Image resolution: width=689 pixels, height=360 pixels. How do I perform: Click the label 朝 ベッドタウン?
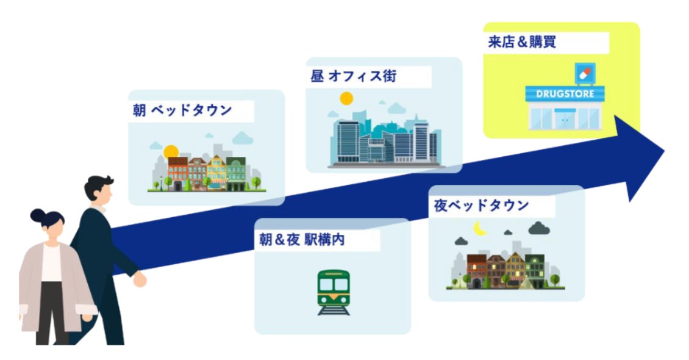pos(183,110)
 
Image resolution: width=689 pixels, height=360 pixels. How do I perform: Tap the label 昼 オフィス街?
pos(354,76)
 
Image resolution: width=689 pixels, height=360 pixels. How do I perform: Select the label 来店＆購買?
pos(523,43)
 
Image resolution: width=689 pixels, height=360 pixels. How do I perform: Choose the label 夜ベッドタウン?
pos(481,206)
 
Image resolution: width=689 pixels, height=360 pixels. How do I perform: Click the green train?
pos(334,289)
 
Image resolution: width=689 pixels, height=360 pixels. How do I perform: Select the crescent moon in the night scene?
pos(480,229)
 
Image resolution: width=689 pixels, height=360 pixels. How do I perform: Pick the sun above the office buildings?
pos(346,98)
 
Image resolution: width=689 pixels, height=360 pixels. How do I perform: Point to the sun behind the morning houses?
pos(170,151)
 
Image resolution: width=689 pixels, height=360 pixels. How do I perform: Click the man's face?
pos(104,194)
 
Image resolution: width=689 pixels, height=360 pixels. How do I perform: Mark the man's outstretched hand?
pos(140,279)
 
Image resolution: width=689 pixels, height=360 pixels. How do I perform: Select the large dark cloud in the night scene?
pos(539,229)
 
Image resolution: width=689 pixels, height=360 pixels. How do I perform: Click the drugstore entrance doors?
pos(564,118)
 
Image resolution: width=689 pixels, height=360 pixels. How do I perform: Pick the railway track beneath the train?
pos(334,310)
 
